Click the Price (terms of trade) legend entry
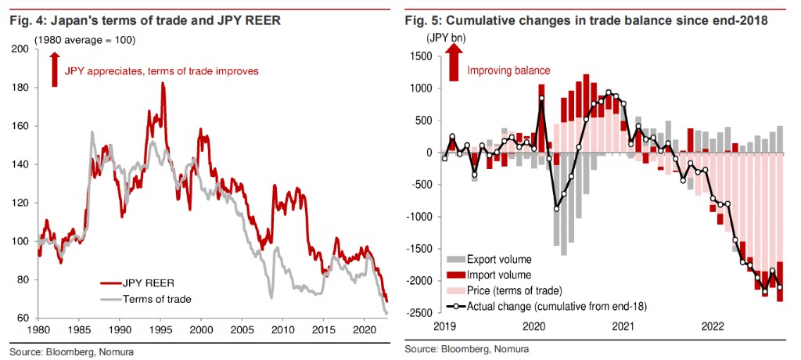click(516, 290)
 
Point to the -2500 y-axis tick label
click(419, 312)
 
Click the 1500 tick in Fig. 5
click(422, 56)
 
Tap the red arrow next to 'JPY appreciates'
click(54, 70)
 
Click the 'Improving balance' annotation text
click(508, 70)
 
